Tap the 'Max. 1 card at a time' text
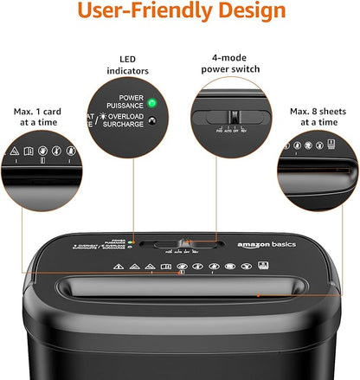[x=37, y=117]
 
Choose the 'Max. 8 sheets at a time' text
[x=322, y=117]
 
